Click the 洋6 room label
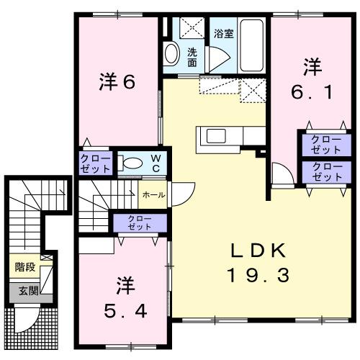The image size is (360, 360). tap(116, 83)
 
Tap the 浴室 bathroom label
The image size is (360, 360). tap(223, 33)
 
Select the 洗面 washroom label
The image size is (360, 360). tap(193, 57)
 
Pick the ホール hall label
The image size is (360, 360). tap(153, 194)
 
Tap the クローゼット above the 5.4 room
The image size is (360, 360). tap(139, 222)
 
